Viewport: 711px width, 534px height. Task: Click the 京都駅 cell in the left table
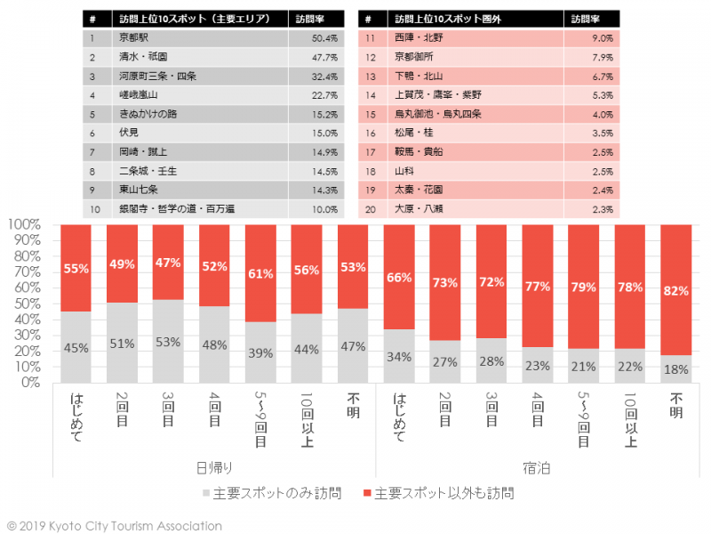[x=134, y=38]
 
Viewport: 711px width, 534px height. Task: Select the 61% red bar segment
[x=260, y=272]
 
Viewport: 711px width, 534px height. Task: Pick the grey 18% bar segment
[x=675, y=368]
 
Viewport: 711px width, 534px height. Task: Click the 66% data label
[x=399, y=278]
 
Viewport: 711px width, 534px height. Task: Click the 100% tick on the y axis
[x=25, y=224]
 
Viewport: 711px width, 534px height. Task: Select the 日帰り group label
[x=213, y=466]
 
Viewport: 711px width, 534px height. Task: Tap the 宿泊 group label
[x=536, y=466]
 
